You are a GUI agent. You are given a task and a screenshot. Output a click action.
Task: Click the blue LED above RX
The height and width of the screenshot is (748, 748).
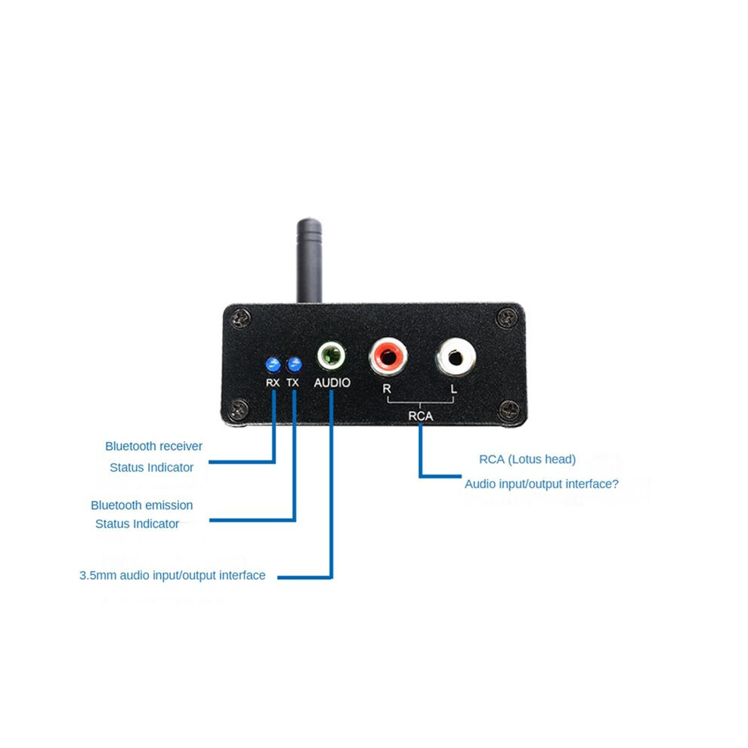point(273,364)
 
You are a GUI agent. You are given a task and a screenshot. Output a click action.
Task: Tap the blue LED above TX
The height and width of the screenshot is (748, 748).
point(294,364)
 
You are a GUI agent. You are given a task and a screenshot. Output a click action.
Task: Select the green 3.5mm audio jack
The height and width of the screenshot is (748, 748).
point(332,356)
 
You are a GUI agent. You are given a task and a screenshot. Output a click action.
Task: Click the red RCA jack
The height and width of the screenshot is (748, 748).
point(388,357)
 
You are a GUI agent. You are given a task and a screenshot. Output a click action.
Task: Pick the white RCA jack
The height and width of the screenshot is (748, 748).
point(456,357)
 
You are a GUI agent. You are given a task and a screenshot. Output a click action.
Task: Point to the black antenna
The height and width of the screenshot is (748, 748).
point(309,261)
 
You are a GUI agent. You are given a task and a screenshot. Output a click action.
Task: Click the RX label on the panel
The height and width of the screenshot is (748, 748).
point(273,382)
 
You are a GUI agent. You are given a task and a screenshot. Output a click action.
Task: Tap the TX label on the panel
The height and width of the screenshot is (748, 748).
point(292,382)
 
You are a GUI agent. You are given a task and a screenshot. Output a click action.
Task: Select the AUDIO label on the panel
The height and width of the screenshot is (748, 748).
point(332,382)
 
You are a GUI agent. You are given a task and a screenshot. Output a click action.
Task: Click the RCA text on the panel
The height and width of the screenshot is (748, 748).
point(420,416)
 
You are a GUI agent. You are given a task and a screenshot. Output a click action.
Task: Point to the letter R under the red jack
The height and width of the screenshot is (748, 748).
point(387,389)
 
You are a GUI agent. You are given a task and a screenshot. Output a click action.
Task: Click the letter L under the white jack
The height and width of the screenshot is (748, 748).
point(453,389)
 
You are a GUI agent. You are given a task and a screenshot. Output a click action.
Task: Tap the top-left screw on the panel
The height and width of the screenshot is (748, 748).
point(241,318)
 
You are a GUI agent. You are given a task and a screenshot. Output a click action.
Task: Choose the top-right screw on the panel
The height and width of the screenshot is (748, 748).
point(507,317)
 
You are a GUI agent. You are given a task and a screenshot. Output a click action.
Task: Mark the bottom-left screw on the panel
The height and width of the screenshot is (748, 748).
point(240,409)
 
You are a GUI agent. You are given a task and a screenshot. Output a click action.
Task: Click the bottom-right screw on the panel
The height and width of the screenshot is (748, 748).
point(508,410)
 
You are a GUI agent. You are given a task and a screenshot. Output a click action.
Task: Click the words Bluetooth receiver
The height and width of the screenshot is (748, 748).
point(153,447)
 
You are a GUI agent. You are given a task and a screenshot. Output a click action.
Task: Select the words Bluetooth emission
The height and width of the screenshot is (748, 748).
point(142,505)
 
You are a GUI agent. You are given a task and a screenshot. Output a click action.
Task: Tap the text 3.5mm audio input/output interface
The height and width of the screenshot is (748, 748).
point(172,575)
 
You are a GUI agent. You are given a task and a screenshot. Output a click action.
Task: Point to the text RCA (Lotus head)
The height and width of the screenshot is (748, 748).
point(527,459)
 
